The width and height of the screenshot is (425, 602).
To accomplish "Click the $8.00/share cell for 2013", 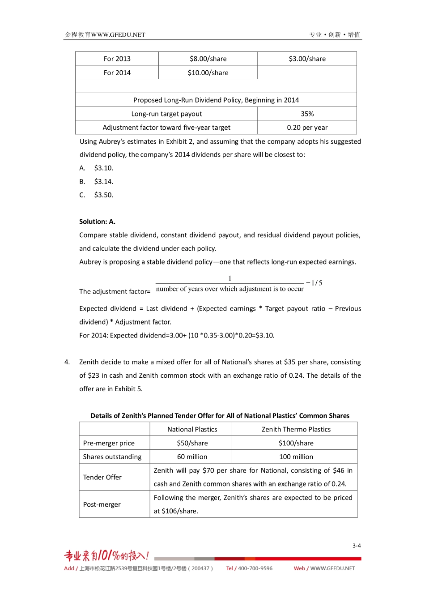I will (x=208, y=59).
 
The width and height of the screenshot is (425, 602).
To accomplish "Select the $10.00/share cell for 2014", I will (x=208, y=73).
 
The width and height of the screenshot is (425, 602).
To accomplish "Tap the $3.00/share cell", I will (x=307, y=59).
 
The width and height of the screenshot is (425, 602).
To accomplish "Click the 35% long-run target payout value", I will (x=307, y=114).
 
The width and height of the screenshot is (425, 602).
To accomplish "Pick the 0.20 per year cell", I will (x=307, y=128).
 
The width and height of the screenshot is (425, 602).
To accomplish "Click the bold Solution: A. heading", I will (x=97, y=222).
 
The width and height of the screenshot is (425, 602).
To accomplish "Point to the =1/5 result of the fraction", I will (x=314, y=283).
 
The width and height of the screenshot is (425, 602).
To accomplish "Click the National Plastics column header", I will (x=192, y=429).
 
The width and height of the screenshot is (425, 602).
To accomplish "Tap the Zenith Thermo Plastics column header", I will (x=296, y=429).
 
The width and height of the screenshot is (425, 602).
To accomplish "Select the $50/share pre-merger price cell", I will (x=192, y=443).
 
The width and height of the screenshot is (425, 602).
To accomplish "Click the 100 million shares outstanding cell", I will (x=296, y=457).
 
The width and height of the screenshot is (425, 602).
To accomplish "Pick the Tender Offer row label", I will (x=102, y=477).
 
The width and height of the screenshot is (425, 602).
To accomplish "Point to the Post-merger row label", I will (x=102, y=504).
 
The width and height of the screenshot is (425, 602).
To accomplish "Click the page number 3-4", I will (x=356, y=546).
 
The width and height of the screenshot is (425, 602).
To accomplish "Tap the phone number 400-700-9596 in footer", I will (x=255, y=568).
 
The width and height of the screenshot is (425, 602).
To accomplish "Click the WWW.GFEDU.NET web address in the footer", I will (x=332, y=568).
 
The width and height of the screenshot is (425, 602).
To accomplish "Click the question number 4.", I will (x=67, y=362).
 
